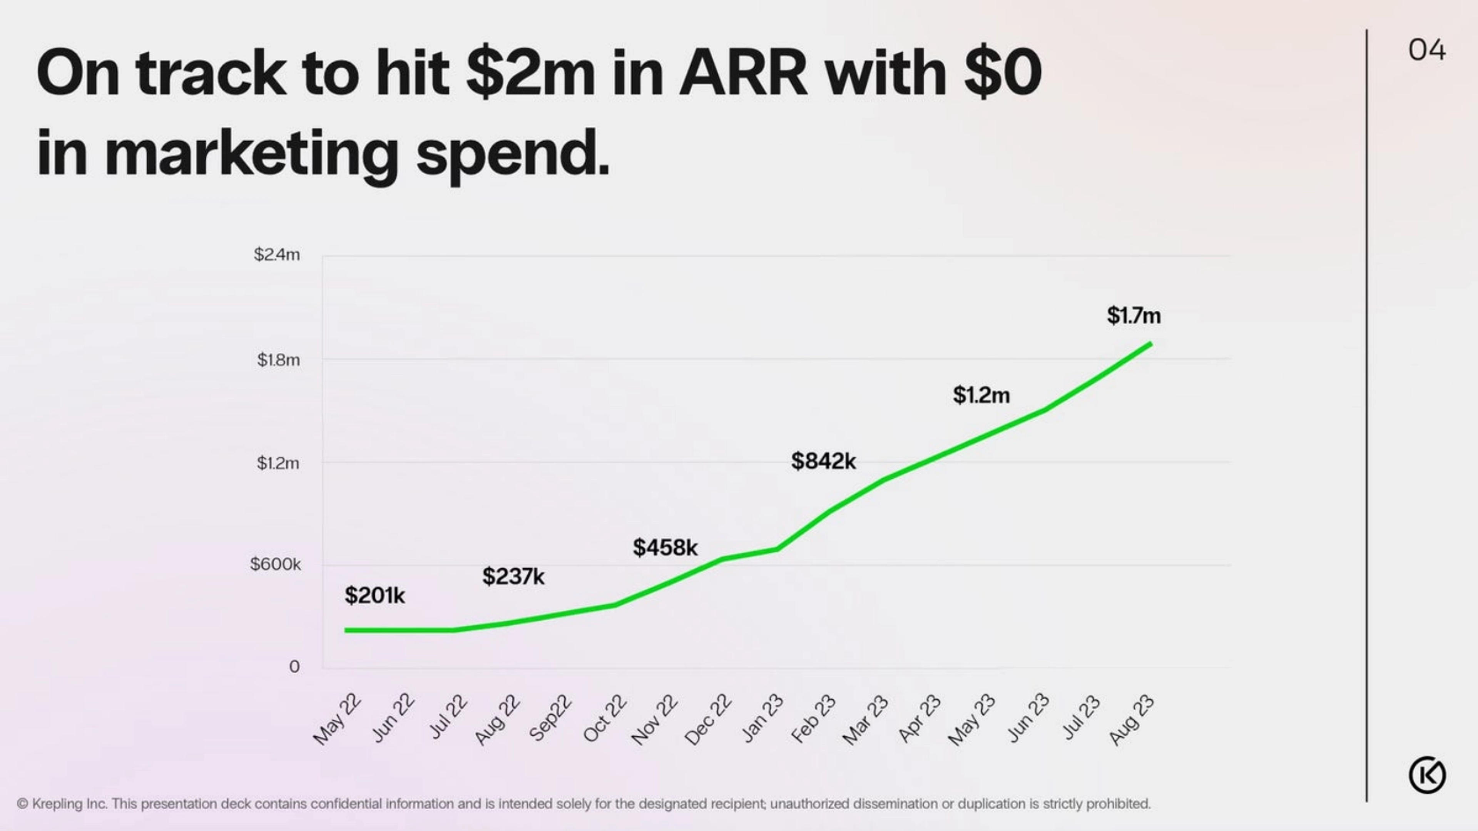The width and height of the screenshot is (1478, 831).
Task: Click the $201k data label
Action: click(x=375, y=596)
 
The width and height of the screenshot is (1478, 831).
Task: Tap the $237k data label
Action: click(x=513, y=576)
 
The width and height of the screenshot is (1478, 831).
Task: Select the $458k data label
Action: click(x=665, y=548)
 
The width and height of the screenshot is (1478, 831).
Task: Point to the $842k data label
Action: click(x=823, y=461)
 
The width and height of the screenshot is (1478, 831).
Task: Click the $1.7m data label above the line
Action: click(x=1134, y=316)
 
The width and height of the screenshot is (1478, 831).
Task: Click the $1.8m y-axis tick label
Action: click(x=278, y=360)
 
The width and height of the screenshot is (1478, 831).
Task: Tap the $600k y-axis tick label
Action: click(x=276, y=564)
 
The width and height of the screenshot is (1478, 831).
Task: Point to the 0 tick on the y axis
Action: click(x=294, y=666)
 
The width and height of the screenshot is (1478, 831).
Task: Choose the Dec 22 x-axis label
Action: click(x=708, y=719)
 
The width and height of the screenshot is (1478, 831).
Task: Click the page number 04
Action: click(x=1426, y=50)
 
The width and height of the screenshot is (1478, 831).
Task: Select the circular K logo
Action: click(x=1427, y=775)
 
